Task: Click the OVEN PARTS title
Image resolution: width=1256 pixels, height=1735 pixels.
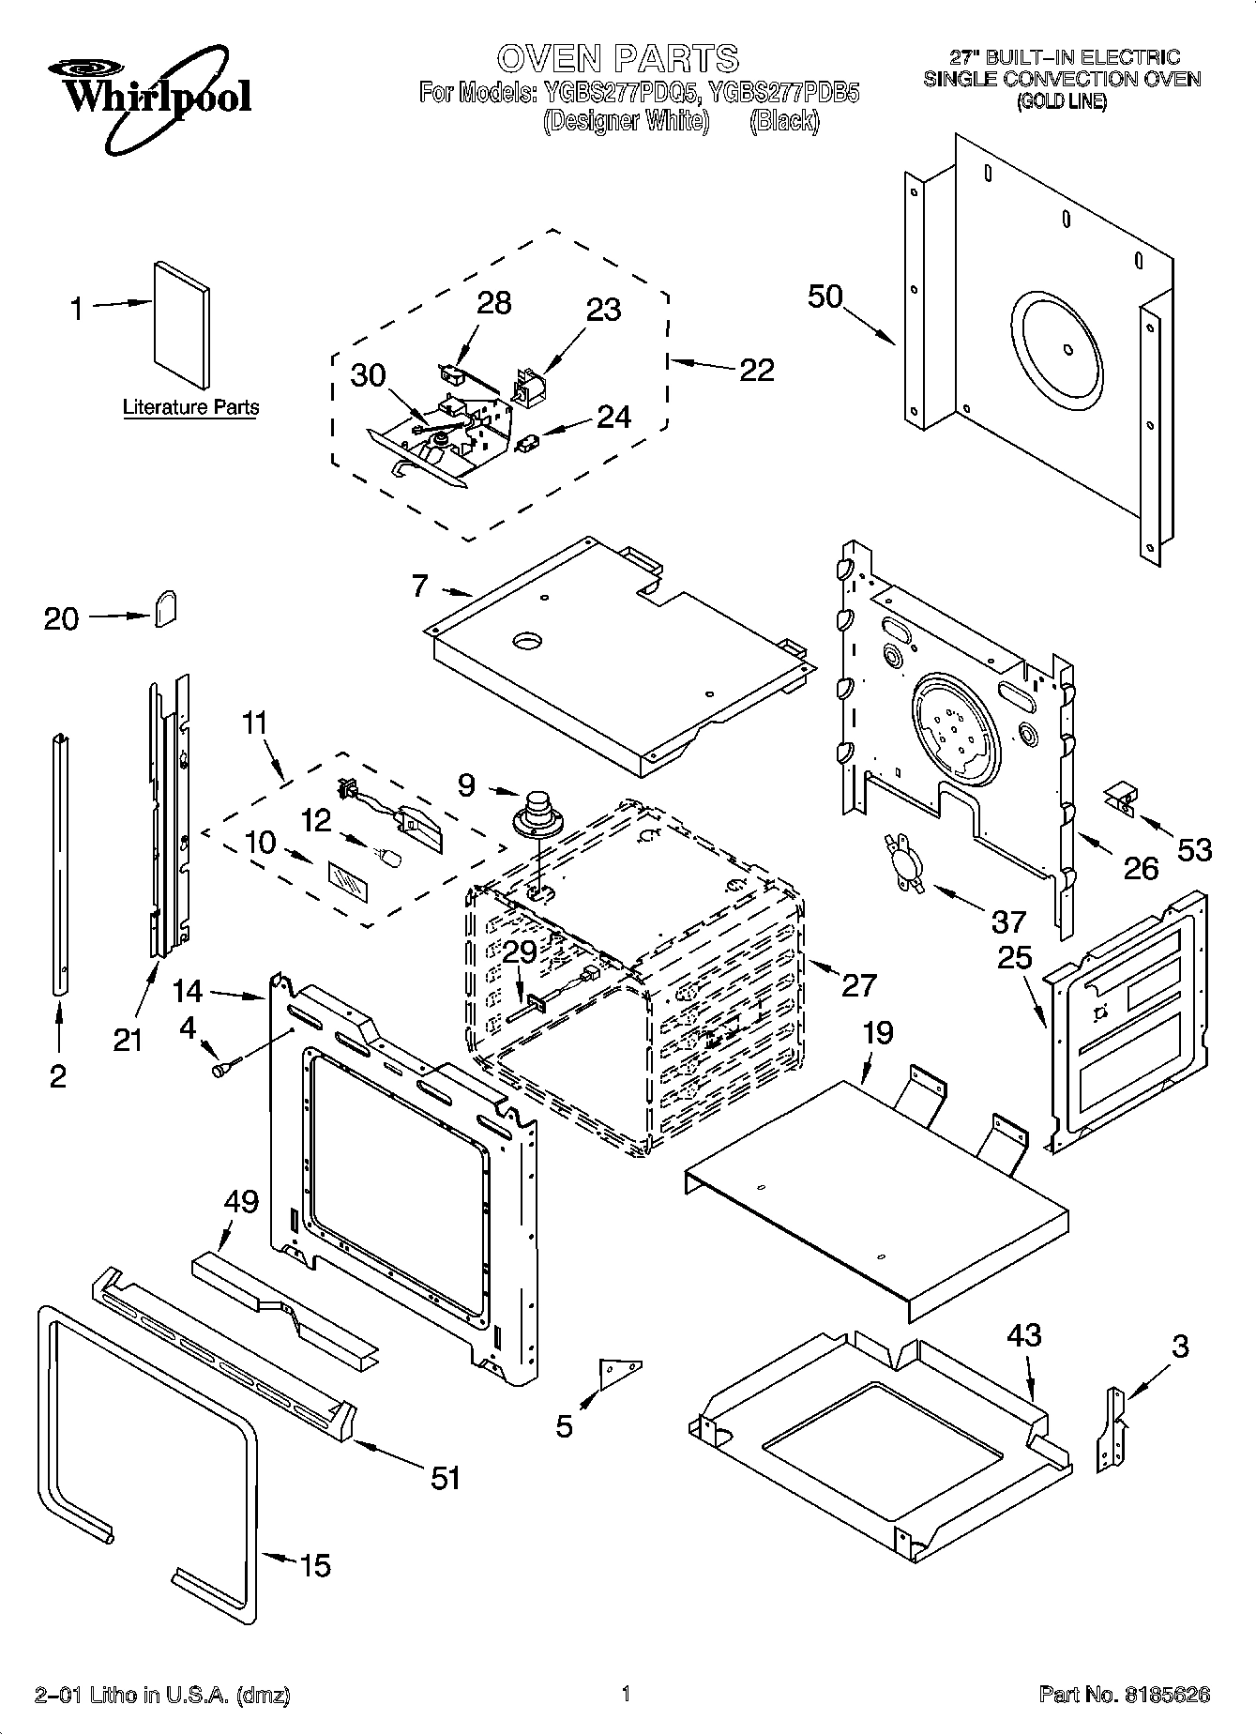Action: point(617,58)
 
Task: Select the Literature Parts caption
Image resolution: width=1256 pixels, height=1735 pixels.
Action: point(190,407)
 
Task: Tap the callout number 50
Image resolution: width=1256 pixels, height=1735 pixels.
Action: point(825,297)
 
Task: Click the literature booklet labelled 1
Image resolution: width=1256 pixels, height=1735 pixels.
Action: point(182,323)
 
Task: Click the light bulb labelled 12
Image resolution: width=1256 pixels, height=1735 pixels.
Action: point(387,857)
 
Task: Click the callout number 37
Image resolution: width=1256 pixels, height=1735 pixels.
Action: point(1008,921)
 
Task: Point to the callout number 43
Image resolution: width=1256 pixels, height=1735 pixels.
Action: point(1023,1335)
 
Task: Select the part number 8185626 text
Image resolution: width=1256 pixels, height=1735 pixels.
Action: point(1124,1695)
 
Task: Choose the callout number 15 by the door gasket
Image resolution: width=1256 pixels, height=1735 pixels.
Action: point(315,1565)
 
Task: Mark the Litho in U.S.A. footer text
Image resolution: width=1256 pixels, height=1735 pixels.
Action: point(161,1695)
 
